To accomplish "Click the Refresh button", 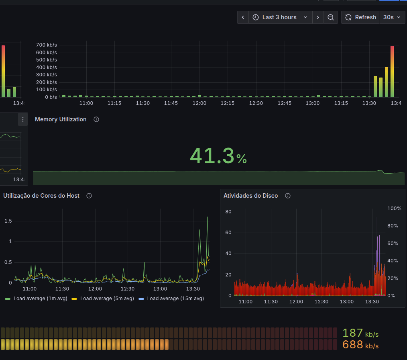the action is pyautogui.click(x=360, y=17).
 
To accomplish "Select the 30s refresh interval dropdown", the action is pyautogui.click(x=392, y=17).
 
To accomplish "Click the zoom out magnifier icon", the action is pyautogui.click(x=331, y=17).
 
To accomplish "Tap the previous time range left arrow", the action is pyautogui.click(x=243, y=17).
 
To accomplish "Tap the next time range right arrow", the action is pyautogui.click(x=318, y=17).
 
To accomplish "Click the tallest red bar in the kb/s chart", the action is pyautogui.click(x=392, y=72).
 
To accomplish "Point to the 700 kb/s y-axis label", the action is pyautogui.click(x=47, y=45).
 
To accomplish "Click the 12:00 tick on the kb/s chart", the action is pyautogui.click(x=199, y=103).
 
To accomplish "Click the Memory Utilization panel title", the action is pyautogui.click(x=61, y=119).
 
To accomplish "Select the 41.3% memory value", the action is pyautogui.click(x=218, y=156).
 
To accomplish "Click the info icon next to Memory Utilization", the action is pyautogui.click(x=96, y=119).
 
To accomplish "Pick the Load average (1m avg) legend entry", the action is pyautogui.click(x=36, y=299).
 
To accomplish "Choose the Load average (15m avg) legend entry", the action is pyautogui.click(x=171, y=299).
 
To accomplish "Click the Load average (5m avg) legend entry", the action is pyautogui.click(x=103, y=299).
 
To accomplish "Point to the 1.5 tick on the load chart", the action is pyautogui.click(x=8, y=221).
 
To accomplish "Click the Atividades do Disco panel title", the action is pyautogui.click(x=251, y=196).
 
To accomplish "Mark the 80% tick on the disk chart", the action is pyautogui.click(x=393, y=226).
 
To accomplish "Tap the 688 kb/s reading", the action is pyautogui.click(x=360, y=345).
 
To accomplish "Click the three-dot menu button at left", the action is pyautogui.click(x=23, y=119).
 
